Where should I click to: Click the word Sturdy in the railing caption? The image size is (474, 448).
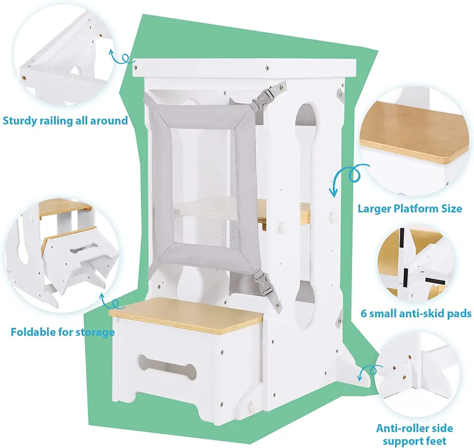pos(20,121)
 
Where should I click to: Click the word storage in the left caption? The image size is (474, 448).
pos(95,331)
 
